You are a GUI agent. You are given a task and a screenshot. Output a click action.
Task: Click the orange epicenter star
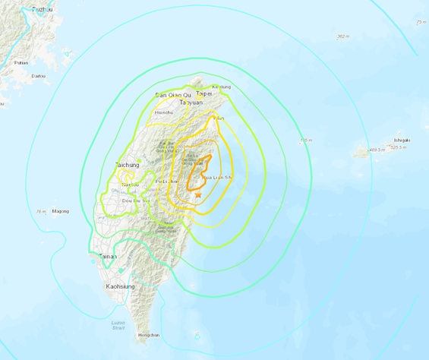click(x=198, y=195)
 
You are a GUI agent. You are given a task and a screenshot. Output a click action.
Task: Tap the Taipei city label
click(x=203, y=93)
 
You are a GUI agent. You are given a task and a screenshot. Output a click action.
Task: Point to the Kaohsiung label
click(x=118, y=286)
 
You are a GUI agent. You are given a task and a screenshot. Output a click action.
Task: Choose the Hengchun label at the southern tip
click(x=148, y=335)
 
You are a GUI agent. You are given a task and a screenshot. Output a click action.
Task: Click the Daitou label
click(x=38, y=75)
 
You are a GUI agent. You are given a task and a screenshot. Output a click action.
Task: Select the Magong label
click(x=61, y=211)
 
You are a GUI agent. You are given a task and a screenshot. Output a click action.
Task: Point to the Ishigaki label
click(x=401, y=140)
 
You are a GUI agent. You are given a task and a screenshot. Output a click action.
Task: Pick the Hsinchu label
click(x=163, y=113)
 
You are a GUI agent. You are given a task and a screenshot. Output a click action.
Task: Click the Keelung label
click(x=221, y=87)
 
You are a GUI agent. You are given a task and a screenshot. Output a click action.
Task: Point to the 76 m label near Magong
click(x=40, y=211)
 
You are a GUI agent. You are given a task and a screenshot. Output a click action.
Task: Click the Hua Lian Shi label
click(x=217, y=177)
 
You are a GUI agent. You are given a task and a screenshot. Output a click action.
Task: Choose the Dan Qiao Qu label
click(x=169, y=94)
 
